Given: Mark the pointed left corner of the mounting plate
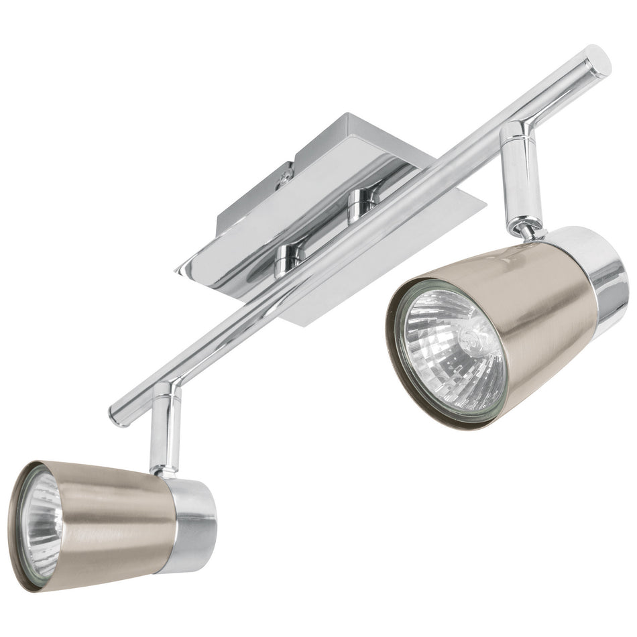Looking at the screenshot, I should [180, 271].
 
